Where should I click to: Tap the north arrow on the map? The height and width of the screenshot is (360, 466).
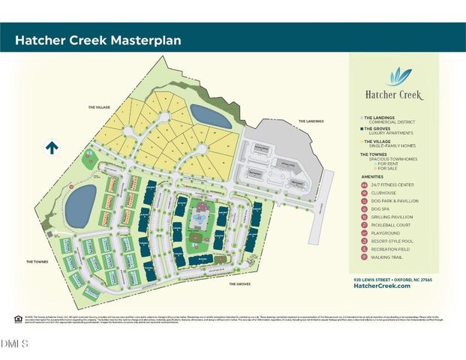(x=52, y=148)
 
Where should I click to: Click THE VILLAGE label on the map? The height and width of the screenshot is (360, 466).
(x=98, y=107)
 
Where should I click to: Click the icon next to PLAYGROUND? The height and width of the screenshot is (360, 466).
(x=364, y=233)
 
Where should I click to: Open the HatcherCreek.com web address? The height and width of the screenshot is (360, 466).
(x=382, y=286)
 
